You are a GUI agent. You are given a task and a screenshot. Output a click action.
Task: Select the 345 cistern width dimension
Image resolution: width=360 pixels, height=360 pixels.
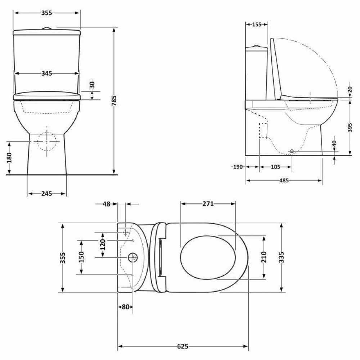[x=46, y=73]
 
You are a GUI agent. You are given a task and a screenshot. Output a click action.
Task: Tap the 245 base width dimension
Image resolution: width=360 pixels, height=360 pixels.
[x=46, y=194]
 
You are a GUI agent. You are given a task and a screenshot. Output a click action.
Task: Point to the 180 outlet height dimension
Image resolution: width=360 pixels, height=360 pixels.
[x=10, y=158]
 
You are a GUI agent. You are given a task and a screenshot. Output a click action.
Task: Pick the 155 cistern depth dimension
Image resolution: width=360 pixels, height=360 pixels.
[x=256, y=24]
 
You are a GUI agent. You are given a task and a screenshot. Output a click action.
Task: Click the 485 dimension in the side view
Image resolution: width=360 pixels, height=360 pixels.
[x=284, y=180]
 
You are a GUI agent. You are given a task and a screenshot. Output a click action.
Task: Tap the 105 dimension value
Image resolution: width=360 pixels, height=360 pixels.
[x=275, y=167]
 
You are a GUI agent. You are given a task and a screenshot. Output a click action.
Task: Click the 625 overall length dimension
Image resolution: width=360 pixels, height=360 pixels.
[x=183, y=347]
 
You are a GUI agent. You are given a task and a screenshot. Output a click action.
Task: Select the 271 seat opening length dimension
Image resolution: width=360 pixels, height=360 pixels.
[x=208, y=204]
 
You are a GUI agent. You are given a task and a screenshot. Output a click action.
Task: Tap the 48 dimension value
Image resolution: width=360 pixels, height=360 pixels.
[x=106, y=204]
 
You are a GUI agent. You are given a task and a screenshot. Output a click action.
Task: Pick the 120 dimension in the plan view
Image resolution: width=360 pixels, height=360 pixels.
[x=103, y=245]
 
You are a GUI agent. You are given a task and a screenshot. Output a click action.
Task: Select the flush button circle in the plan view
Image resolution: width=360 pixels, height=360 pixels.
[x=133, y=257]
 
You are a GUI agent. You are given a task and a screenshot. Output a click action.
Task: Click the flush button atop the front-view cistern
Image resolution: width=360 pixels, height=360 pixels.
[x=46, y=28]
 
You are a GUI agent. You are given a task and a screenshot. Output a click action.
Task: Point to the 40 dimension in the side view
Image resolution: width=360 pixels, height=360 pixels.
[x=335, y=143]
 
